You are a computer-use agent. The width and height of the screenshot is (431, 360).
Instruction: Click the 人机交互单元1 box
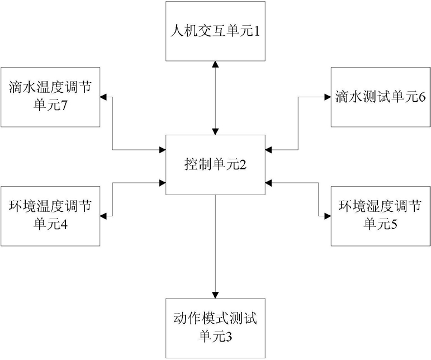point(215,31)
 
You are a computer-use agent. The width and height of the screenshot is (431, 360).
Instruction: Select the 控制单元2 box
point(215,165)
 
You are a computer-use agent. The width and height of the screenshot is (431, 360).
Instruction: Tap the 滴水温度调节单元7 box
point(50,97)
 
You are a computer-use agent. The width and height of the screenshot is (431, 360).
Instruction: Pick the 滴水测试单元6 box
point(381,97)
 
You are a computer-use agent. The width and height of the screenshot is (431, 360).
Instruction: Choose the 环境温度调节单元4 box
point(50,216)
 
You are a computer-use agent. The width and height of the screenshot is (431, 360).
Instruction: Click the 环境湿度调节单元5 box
point(381,216)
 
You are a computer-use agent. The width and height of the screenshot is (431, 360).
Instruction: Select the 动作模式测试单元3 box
point(215,328)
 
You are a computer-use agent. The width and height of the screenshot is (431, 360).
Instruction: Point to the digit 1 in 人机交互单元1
point(256,32)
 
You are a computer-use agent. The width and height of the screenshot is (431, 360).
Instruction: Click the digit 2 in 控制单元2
point(243,165)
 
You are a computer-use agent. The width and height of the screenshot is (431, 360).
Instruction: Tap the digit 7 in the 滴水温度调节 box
point(64,106)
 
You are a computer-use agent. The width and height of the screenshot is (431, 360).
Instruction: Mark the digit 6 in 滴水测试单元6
point(422,97)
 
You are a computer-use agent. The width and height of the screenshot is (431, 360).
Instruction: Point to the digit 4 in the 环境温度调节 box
point(64,225)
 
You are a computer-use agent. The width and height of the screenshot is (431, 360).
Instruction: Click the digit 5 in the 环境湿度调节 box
point(394,225)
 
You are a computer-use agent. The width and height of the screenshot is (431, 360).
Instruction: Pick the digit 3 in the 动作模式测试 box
point(229,337)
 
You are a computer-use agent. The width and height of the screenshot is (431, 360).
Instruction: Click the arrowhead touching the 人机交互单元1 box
point(215,64)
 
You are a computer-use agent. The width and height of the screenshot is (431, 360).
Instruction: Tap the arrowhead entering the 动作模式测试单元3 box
point(215,295)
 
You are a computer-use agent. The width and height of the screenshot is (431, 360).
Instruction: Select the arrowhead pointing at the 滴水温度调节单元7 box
point(103,97)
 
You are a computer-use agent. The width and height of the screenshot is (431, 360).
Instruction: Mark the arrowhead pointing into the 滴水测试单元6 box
point(328,97)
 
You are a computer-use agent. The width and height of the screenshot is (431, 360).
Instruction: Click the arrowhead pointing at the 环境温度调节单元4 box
point(103,216)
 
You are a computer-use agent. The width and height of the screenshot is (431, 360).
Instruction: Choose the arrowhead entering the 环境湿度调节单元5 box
point(328,216)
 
